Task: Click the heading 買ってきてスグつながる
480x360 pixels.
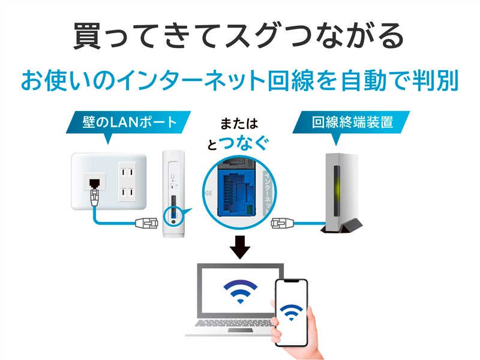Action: click(x=240, y=37)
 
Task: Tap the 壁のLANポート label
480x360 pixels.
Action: click(x=128, y=122)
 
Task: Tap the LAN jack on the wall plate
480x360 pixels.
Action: click(x=94, y=181)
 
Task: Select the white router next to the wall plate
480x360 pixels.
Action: click(x=175, y=192)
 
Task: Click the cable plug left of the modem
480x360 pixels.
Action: click(x=281, y=223)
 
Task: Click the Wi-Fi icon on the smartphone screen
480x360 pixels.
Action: click(x=292, y=313)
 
